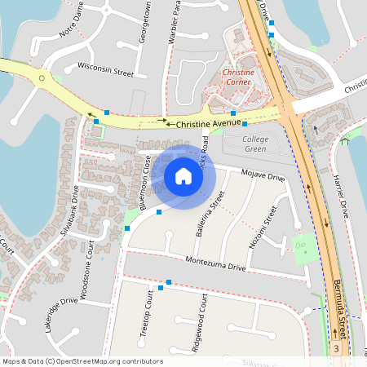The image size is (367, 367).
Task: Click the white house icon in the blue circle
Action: pos(183,176)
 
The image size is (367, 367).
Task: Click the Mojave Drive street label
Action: pos(264,175)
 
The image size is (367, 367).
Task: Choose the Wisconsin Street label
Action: pos(105,69)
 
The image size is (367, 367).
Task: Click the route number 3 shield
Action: pos(336,348)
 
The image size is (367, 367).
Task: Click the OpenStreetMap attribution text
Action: pos(82,360)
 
